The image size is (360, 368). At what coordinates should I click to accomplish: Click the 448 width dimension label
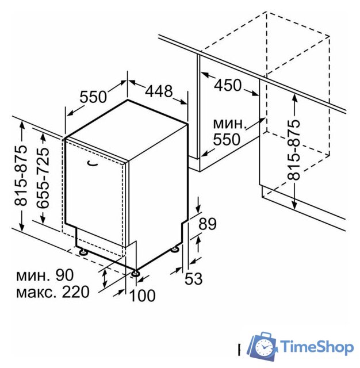(159, 91)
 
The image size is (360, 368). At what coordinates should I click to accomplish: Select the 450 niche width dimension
(228, 85)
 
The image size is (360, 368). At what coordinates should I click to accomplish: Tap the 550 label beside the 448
(93, 97)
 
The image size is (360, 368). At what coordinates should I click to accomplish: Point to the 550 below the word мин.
(227, 139)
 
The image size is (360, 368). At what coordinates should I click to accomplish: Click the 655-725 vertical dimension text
(43, 178)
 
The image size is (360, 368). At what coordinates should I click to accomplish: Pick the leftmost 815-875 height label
(21, 175)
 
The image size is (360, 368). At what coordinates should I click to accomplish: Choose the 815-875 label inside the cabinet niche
(294, 150)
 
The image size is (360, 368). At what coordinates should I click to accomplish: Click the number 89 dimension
(208, 224)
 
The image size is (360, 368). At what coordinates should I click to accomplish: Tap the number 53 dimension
(193, 279)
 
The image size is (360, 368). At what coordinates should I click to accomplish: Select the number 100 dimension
(142, 295)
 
